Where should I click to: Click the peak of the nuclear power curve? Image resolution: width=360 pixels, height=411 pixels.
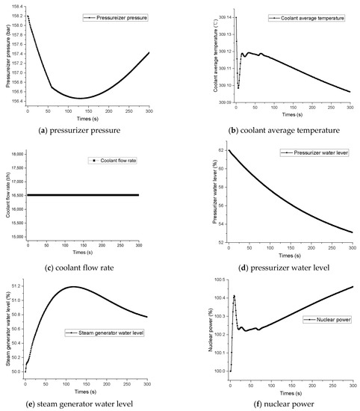[234, 296]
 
